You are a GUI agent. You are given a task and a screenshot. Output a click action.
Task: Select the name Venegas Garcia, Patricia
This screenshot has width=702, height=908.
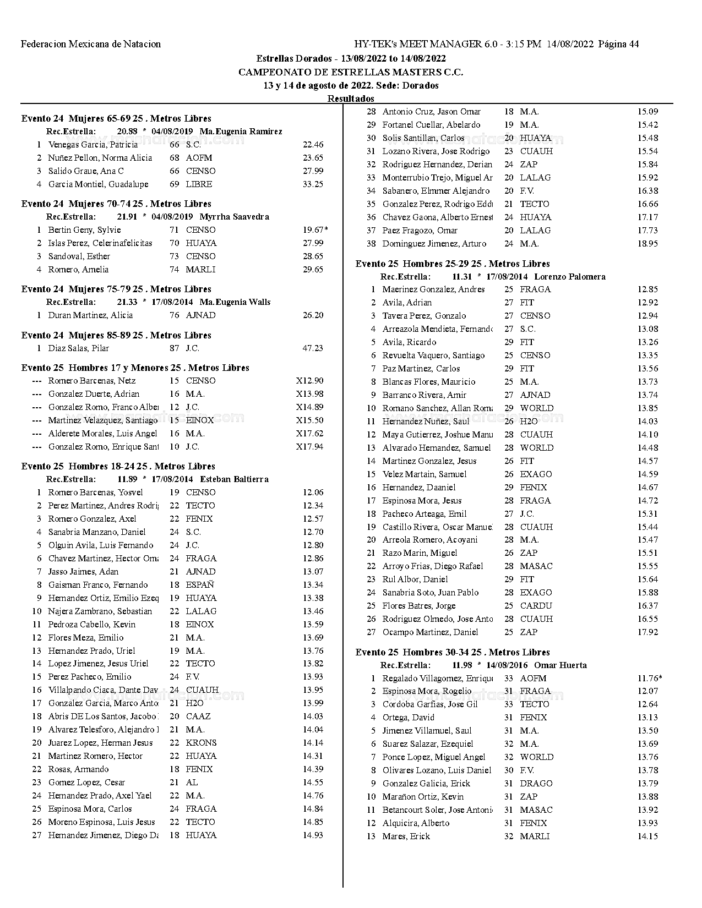92,145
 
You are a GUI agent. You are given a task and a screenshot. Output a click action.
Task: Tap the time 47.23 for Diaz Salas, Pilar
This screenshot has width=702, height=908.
313,348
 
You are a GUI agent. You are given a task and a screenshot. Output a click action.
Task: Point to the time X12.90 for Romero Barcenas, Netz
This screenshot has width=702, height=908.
309,381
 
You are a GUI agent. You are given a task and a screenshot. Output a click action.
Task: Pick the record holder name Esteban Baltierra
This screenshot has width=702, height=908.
234,479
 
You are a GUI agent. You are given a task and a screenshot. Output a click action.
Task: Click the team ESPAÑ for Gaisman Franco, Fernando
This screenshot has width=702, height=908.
200,585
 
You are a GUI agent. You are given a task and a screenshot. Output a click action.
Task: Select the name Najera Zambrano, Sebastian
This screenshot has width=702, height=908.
100,611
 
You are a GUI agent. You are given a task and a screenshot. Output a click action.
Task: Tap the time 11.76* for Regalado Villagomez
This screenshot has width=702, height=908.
649,679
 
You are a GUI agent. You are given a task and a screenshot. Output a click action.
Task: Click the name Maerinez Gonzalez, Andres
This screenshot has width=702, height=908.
433,289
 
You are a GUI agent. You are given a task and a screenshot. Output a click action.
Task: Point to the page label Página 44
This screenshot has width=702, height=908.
618,44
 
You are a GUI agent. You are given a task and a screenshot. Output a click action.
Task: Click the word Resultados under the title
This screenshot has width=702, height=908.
351,99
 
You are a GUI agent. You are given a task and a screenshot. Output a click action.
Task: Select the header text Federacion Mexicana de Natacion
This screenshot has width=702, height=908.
91,44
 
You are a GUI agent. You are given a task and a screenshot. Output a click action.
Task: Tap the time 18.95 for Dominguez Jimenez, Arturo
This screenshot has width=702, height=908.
647,244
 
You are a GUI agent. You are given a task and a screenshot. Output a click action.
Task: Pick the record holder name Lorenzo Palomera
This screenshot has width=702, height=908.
569,277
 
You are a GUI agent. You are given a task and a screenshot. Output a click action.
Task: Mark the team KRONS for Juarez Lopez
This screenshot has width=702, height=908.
201,743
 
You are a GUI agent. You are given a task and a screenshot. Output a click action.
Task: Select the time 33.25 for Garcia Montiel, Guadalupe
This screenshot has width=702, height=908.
313,184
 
